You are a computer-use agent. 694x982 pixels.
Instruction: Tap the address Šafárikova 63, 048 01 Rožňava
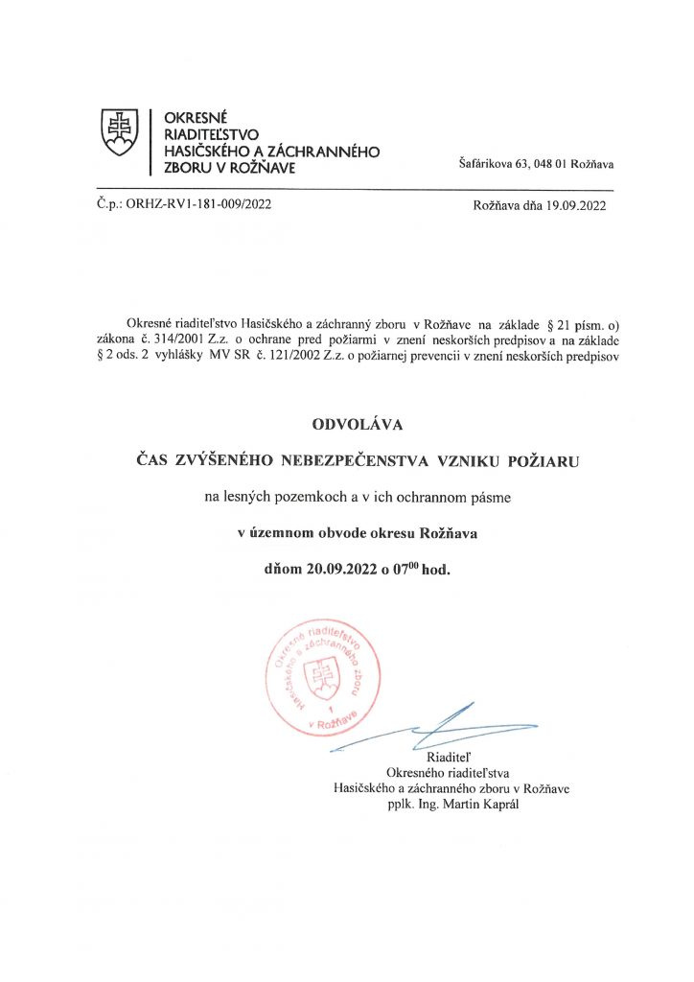tap(538, 165)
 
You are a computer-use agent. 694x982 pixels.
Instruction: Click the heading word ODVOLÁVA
tap(346, 422)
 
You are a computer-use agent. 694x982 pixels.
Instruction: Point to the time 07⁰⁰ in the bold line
tap(402, 567)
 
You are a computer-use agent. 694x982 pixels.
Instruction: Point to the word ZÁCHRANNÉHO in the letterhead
tap(327, 152)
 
